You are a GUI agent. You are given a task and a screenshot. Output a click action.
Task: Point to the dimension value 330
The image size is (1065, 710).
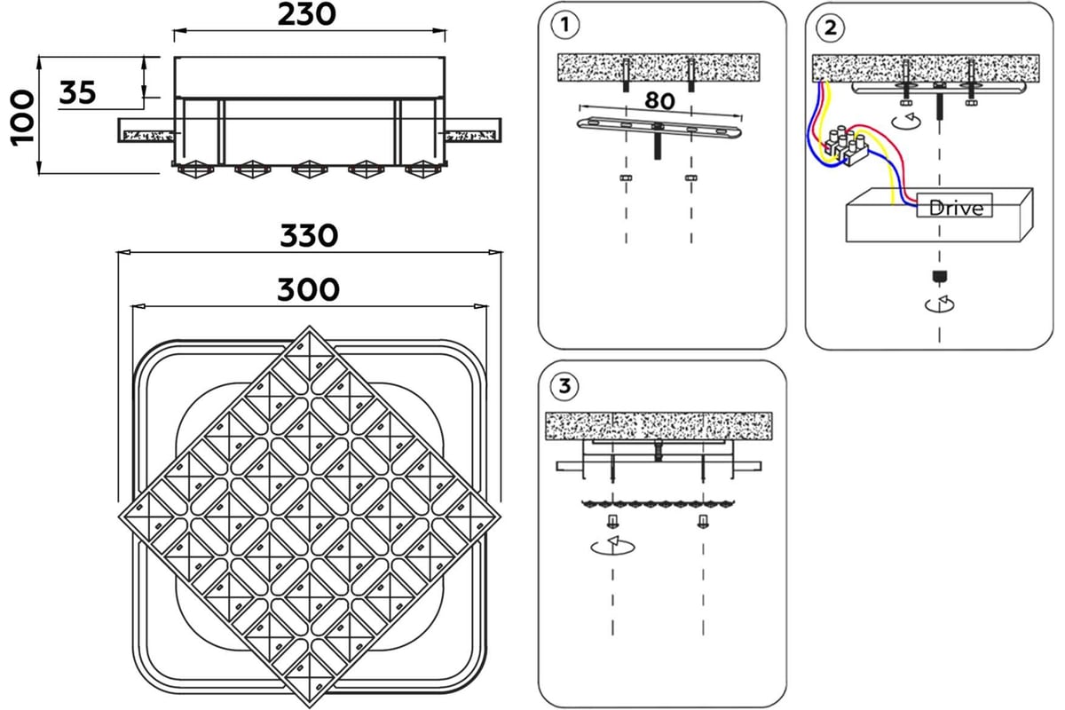(x=309, y=236)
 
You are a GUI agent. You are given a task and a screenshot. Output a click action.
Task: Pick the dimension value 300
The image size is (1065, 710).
(x=308, y=289)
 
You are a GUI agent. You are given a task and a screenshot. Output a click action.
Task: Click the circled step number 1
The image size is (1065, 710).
(x=565, y=26)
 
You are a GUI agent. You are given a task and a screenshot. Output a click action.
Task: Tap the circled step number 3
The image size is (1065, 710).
(x=565, y=387)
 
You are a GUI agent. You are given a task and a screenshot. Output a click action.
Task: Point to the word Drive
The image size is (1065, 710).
(x=956, y=209)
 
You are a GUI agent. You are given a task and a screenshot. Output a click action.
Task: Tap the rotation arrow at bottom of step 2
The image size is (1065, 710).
(x=940, y=304)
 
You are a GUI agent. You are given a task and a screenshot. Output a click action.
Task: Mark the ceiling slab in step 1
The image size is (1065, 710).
(x=658, y=67)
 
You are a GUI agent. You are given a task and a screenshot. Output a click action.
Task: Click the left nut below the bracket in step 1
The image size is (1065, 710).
(x=626, y=179)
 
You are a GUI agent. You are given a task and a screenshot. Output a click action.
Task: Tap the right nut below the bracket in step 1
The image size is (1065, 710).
(x=690, y=179)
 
